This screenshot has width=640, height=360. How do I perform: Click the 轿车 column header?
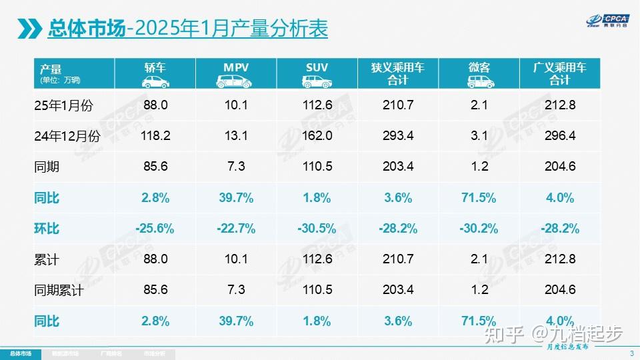pyautogui.click(x=155, y=67)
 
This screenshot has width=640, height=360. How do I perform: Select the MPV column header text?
pyautogui.click(x=236, y=67)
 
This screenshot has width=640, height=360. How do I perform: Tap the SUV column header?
pyautogui.click(x=317, y=67)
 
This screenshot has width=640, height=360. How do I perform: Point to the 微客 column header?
pyautogui.click(x=479, y=67)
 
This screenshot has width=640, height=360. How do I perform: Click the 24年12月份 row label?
pyautogui.click(x=67, y=136)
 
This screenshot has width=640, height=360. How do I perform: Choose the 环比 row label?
pyautogui.click(x=47, y=229)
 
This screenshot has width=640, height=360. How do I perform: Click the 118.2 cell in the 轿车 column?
pyautogui.click(x=155, y=136)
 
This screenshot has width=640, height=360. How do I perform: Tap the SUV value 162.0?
pyautogui.click(x=317, y=136)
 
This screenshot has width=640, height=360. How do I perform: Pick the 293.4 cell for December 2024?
pyautogui.click(x=398, y=136)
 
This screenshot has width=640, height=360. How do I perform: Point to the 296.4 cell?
pyautogui.click(x=560, y=136)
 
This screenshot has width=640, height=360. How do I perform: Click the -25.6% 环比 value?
pyautogui.click(x=155, y=229)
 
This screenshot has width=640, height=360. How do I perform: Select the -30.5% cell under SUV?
pyautogui.click(x=317, y=229)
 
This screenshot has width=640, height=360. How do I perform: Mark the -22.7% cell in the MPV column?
pyautogui.click(x=236, y=229)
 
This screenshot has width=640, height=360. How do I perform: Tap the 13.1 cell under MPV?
pyautogui.click(x=236, y=136)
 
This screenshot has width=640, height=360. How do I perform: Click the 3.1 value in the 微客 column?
pyautogui.click(x=479, y=136)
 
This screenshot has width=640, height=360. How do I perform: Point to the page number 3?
pyautogui.click(x=631, y=353)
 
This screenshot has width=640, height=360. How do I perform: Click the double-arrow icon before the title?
pyautogui.click(x=29, y=29)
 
